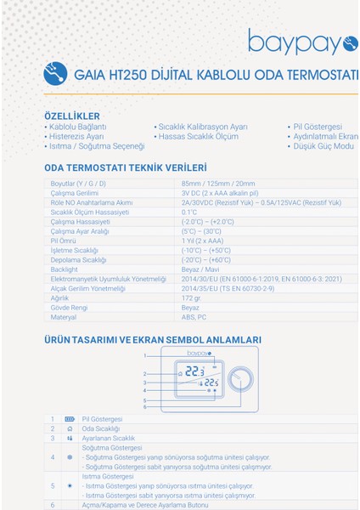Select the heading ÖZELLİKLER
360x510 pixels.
71,116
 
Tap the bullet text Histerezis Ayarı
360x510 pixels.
76,136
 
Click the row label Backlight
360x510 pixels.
65,269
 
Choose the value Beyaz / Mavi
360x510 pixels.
200,269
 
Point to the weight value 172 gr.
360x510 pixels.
193,297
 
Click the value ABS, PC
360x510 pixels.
194,317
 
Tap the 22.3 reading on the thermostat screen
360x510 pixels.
195,371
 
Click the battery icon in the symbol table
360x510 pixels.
70,419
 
